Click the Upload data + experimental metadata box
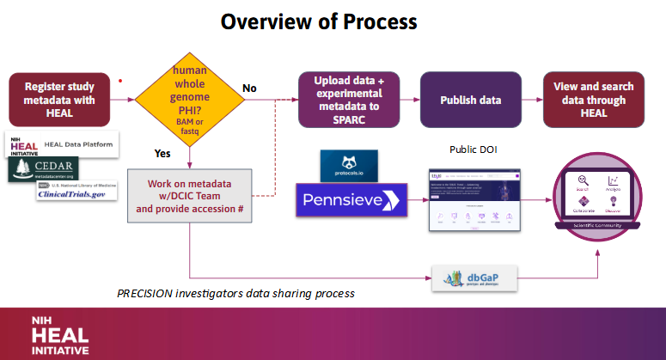pos(348,101)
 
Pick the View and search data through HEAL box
pos(594,101)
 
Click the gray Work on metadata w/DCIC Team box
pos(189,197)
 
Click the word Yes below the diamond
pos(162,155)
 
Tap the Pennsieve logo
pos(351,202)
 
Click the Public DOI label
pos(473,149)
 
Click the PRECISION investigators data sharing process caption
pos(235,293)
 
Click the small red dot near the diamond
pos(120,82)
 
